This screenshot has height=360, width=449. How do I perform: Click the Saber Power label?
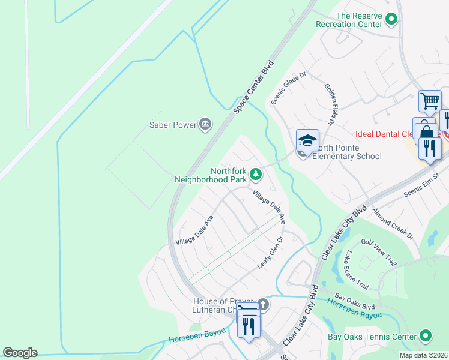[x=173, y=125]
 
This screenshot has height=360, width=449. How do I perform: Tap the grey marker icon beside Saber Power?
[x=205, y=124]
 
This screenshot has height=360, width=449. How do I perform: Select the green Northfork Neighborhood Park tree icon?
[x=256, y=174]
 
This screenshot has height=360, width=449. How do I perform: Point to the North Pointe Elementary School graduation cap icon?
[x=307, y=141]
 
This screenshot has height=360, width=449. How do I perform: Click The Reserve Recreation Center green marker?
[x=391, y=20]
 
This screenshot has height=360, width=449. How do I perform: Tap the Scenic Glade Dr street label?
[x=289, y=88]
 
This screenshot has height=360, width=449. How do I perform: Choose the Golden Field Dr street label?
[x=330, y=104]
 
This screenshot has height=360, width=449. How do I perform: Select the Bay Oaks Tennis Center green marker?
[x=426, y=335]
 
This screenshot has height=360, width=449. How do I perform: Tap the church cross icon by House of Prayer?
[x=262, y=304]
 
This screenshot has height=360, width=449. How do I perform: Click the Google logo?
[x=20, y=353]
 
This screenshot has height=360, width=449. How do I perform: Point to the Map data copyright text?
[x=424, y=355]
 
